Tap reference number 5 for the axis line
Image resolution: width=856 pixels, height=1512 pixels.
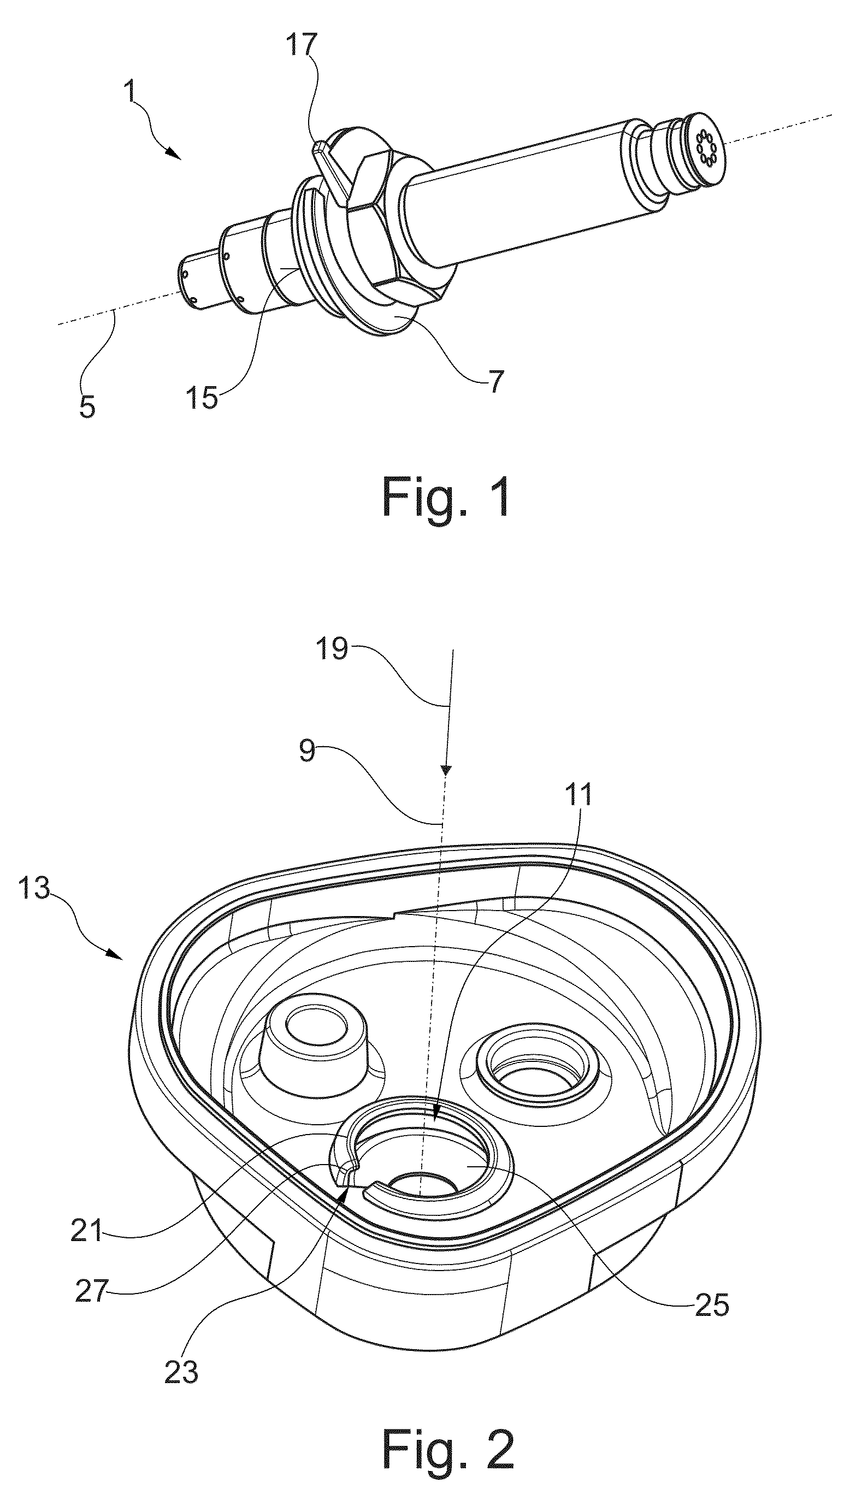point(87,407)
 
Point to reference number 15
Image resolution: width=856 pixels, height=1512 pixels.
point(202,398)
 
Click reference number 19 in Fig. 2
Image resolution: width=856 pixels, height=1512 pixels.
point(332,649)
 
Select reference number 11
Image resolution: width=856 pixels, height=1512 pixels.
point(577,795)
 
